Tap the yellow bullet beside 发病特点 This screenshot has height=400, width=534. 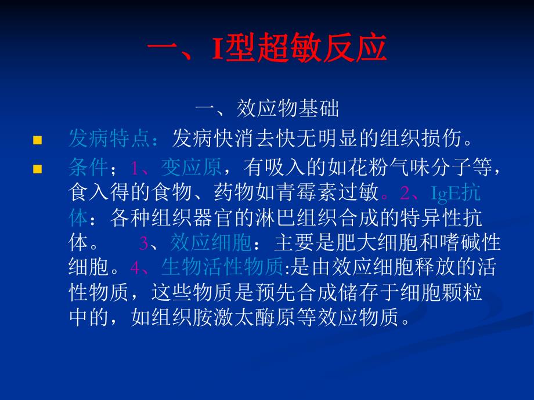(x=38, y=140)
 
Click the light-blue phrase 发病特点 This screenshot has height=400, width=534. (x=110, y=139)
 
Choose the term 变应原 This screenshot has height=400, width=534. (x=192, y=169)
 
